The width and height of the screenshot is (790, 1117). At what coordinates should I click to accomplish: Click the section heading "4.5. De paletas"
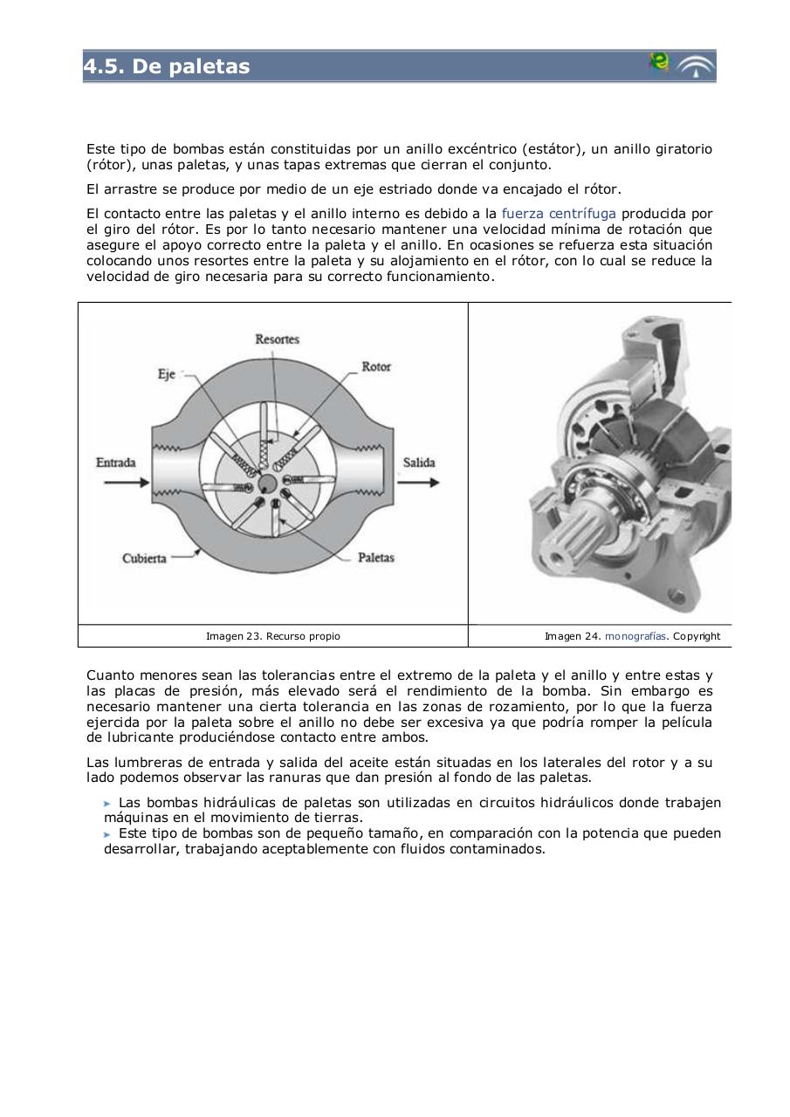pos(167,66)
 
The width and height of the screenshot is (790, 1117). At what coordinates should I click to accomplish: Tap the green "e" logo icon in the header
pos(659,63)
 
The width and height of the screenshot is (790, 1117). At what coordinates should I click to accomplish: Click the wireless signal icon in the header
pos(697,66)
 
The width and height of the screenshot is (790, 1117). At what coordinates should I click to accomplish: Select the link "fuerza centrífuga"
pos(559,213)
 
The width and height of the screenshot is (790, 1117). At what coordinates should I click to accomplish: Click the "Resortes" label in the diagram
pos(277,339)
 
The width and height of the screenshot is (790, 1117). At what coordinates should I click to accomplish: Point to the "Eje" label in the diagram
pos(166,374)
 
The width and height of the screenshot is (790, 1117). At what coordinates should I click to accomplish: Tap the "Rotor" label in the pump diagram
pos(376,367)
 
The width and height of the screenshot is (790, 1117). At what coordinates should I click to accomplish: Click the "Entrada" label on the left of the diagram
pos(115,462)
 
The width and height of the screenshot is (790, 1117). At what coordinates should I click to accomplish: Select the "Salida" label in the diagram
pos(419,462)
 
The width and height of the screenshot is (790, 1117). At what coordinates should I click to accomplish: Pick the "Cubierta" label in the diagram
pos(144,558)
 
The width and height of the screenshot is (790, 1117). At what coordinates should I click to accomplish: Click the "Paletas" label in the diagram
pos(376,557)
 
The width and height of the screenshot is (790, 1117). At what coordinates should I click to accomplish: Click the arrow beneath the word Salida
pos(421,483)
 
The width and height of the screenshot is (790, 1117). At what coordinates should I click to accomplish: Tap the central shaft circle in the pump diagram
pos(268,483)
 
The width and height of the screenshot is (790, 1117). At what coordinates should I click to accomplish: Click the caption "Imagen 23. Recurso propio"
pos(273,636)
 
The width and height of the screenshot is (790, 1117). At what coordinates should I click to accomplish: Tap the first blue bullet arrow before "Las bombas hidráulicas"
pos(107,803)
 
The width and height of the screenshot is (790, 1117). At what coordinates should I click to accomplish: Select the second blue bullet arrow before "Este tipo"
pos(107,834)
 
